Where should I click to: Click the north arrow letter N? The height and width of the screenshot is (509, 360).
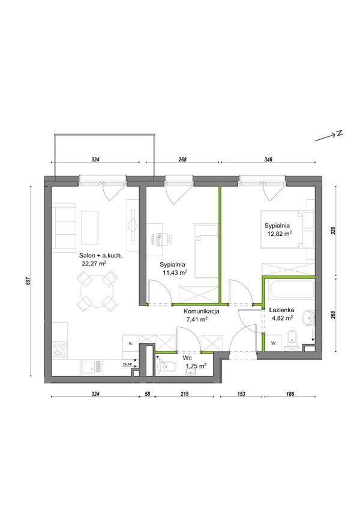(x=340, y=133)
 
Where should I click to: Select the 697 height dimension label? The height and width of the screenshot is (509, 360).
(x=28, y=281)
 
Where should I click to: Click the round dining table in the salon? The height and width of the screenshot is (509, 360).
(x=97, y=290)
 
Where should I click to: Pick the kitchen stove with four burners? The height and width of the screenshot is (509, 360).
(x=60, y=349)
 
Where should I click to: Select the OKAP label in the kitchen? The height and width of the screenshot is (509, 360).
(x=127, y=364)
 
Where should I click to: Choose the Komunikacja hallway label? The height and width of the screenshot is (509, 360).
(x=201, y=312)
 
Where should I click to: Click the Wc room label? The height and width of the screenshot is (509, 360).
(x=187, y=359)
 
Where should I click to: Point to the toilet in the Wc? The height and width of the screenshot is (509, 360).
(x=167, y=367)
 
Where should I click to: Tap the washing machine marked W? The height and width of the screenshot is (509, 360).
(x=274, y=343)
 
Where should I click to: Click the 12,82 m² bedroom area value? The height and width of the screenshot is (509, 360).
(x=278, y=233)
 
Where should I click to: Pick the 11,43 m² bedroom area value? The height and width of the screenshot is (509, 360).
(x=175, y=273)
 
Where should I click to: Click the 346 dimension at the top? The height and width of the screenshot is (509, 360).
(x=268, y=160)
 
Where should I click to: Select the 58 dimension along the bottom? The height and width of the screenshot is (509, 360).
(x=147, y=394)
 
